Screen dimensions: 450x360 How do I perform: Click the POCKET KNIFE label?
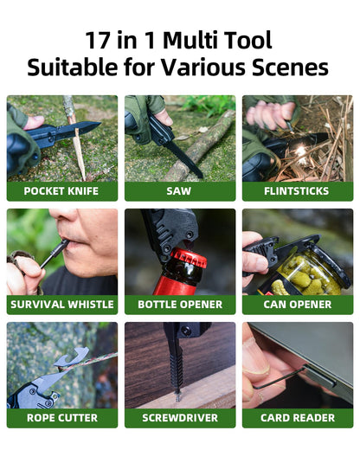61,191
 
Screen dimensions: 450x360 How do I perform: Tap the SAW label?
179,191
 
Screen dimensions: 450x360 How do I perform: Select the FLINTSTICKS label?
297,191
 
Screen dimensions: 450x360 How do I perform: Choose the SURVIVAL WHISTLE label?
61,305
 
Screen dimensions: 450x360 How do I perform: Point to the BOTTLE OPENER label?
179,305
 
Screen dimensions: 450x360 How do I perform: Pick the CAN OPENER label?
297,305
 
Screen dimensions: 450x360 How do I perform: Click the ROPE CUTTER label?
61,418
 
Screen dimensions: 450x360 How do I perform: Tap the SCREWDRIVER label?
179,418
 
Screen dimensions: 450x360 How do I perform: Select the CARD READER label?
297,418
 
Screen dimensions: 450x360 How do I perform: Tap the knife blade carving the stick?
84,128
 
